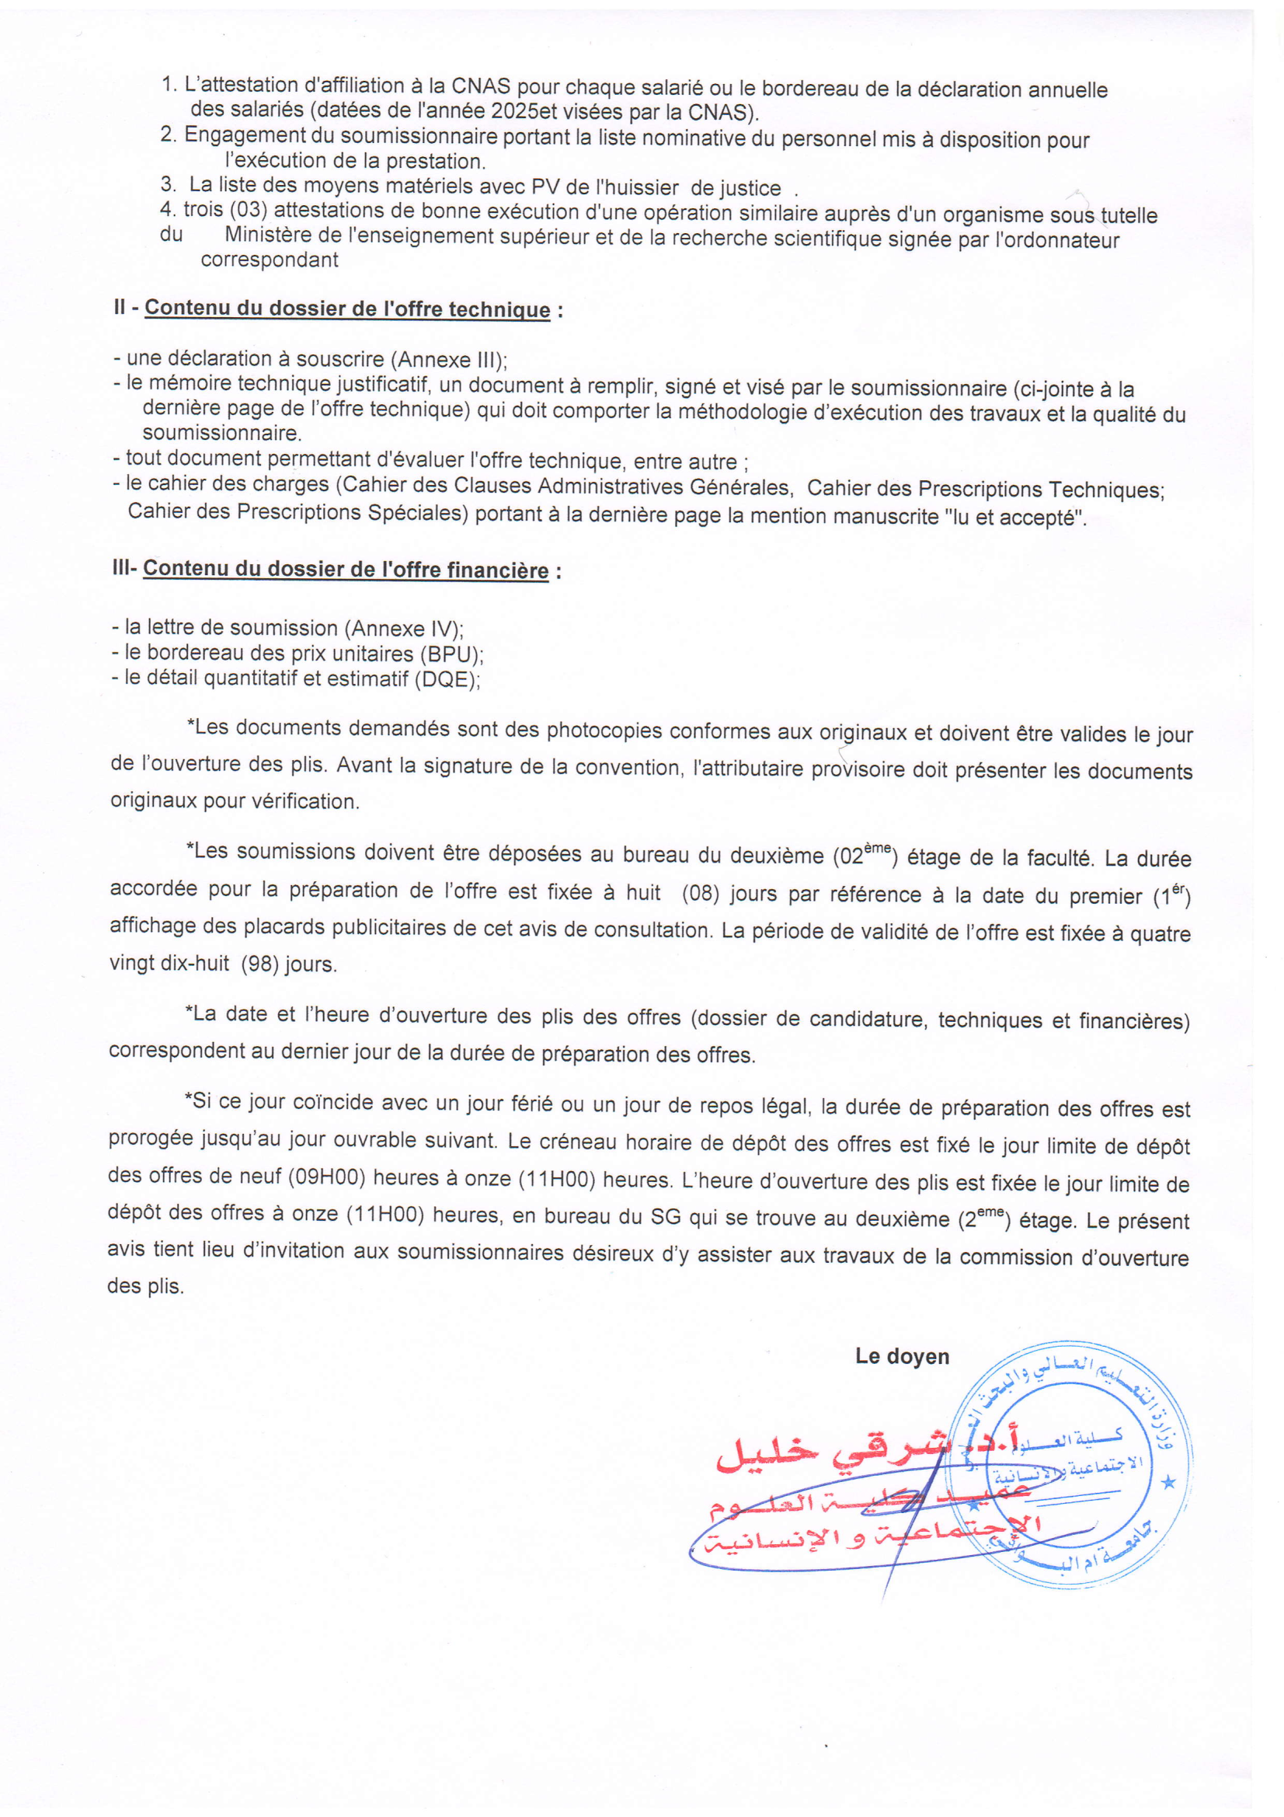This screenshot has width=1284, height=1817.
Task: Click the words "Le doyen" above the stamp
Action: point(902,1356)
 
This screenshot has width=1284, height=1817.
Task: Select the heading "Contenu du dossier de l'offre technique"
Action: point(347,309)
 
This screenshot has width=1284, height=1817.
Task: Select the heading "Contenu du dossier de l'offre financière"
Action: point(346,570)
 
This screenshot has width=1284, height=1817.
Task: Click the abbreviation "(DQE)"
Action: point(447,680)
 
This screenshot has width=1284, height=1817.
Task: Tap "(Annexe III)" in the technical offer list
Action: point(448,360)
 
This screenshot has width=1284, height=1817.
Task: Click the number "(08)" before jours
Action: point(698,894)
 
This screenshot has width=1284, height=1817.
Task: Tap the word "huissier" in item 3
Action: point(639,188)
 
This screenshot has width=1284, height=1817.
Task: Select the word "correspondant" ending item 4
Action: point(269,260)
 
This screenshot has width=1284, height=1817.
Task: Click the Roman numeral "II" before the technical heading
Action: point(120,307)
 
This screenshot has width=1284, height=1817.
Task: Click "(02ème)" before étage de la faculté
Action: point(866,856)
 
